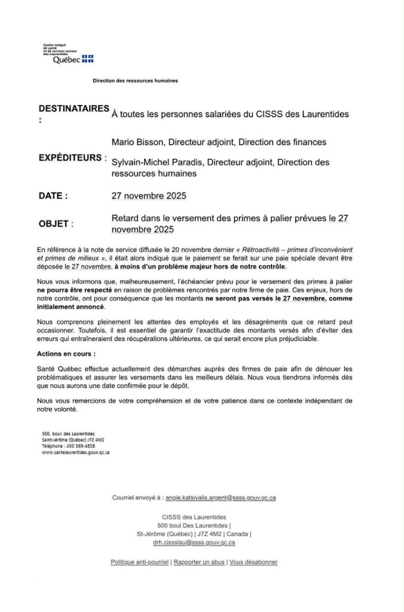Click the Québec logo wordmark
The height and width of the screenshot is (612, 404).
pyautogui.click(x=66, y=60)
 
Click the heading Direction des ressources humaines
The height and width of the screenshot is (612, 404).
pyautogui.click(x=135, y=80)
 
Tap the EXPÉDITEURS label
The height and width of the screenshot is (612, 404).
pyautogui.click(x=72, y=158)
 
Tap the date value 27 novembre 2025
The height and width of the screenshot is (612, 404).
pyautogui.click(x=149, y=195)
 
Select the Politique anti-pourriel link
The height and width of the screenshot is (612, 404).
pyautogui.click(x=140, y=562)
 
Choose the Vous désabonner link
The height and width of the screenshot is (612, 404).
pyautogui.click(x=253, y=562)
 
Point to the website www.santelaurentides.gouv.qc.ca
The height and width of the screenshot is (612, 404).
pyautogui.click(x=75, y=452)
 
